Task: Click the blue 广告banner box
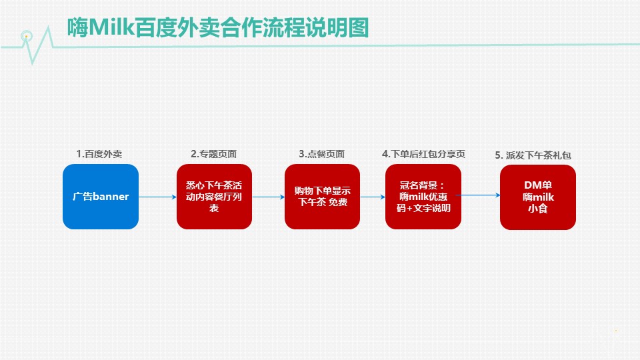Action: [x=101, y=197]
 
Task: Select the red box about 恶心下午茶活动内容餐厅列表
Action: [x=214, y=197]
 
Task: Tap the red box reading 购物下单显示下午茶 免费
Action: [x=322, y=197]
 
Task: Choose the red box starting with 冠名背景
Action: [x=423, y=197]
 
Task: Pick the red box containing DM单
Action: [x=538, y=197]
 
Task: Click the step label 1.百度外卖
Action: [x=99, y=154]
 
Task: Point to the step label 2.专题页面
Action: [x=213, y=154]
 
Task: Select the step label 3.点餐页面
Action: [x=321, y=154]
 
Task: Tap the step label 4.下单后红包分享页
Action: [x=423, y=154]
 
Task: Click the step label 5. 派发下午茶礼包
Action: [x=533, y=155]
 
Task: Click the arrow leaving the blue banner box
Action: [x=157, y=197]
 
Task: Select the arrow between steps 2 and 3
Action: [x=268, y=197]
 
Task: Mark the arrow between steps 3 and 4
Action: [x=373, y=197]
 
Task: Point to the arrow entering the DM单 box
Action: [x=481, y=195]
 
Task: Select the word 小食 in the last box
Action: [x=538, y=210]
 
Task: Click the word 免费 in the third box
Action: [x=338, y=203]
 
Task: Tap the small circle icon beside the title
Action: [x=26, y=34]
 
